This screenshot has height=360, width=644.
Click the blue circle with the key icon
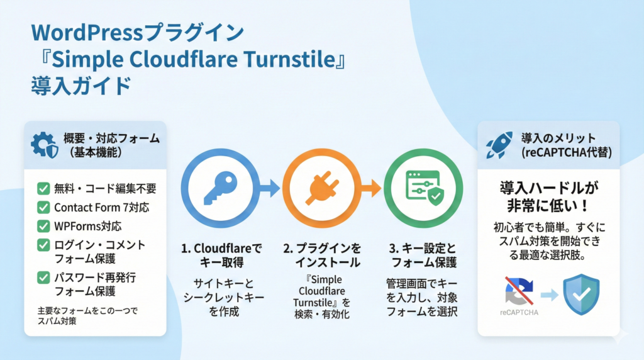click(221, 187)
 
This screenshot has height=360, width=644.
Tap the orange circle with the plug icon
click(321, 187)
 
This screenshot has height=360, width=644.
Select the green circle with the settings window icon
click(423, 187)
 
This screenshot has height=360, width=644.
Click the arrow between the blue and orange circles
click(271, 187)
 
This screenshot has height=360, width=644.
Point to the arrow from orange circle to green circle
click(372, 187)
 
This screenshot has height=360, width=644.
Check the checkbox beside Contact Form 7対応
click(43, 207)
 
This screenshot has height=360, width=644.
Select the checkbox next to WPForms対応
click(43, 225)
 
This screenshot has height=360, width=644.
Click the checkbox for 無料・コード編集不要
click(43, 188)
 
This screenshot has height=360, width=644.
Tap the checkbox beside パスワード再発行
click(43, 276)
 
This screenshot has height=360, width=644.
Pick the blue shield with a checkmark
click(581, 293)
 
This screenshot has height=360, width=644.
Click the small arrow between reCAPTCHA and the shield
click(549, 294)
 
